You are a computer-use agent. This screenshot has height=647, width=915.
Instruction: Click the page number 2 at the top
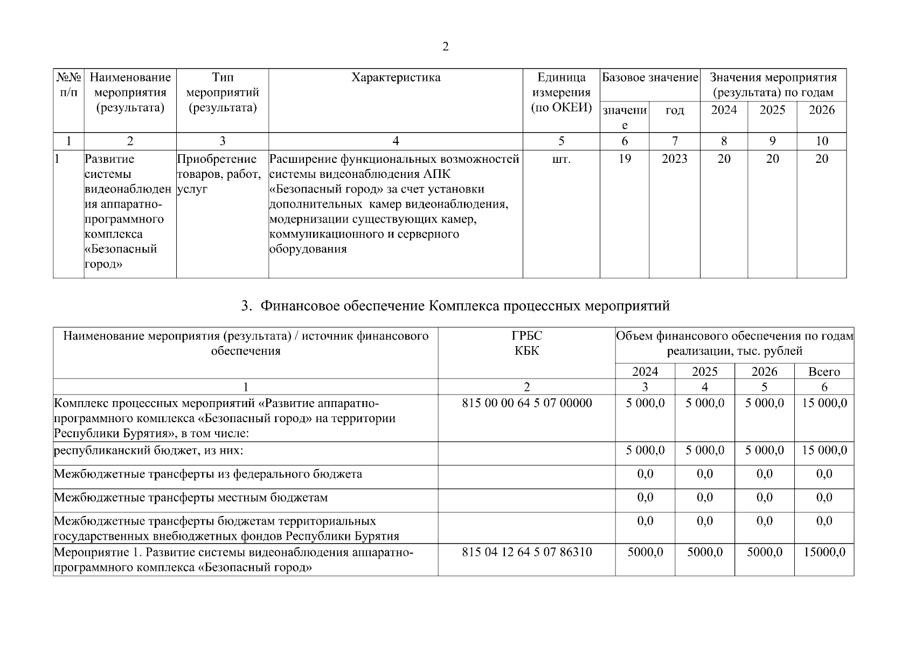coord(445,47)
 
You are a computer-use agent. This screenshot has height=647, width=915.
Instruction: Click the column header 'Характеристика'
coord(396,78)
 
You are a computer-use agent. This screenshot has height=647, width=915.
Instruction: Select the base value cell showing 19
coord(625,159)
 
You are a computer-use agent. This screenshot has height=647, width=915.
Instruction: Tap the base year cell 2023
coord(675,159)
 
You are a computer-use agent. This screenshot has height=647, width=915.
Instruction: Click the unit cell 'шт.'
coord(561,159)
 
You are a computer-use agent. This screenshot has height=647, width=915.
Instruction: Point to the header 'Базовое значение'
coord(650,78)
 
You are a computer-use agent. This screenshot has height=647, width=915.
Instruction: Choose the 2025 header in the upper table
coord(772,111)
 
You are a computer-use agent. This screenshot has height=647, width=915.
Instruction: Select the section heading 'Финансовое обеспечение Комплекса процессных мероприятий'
coord(455,306)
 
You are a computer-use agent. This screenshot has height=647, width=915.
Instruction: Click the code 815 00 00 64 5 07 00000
coord(526,403)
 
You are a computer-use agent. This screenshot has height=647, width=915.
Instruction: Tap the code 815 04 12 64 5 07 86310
coord(526,552)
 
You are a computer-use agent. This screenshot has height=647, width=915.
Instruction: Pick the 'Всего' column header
coord(824,371)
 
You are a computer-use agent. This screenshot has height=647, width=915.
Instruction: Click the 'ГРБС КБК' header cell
coord(526,343)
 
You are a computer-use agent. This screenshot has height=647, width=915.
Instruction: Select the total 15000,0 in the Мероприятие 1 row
coord(824,552)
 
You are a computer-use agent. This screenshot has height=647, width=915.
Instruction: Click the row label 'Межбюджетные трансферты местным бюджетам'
coord(191,498)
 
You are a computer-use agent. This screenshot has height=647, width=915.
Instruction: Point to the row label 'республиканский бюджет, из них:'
coord(153,451)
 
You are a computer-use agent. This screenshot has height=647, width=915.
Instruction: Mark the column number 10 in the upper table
coord(821,141)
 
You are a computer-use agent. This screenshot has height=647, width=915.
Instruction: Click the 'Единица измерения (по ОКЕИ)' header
coord(561,93)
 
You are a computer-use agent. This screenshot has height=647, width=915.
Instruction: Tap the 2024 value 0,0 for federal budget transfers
coord(645,474)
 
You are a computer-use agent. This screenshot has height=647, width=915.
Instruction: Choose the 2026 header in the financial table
coord(764,371)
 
